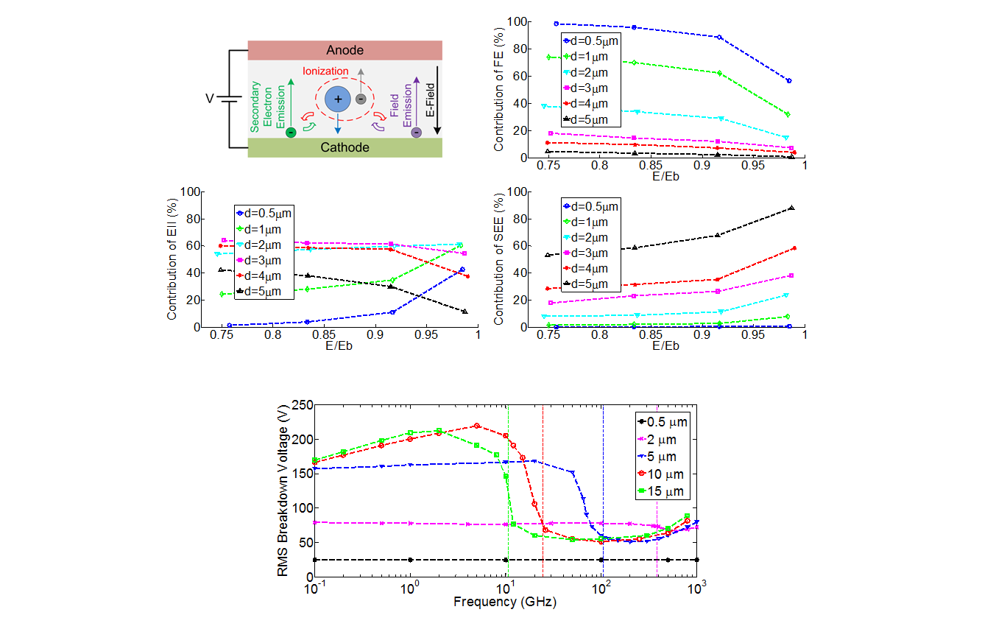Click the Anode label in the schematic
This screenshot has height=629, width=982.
click(x=345, y=50)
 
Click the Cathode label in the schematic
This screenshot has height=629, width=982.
click(x=345, y=147)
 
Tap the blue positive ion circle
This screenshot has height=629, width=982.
click(x=338, y=99)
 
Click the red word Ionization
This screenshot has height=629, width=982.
click(x=326, y=71)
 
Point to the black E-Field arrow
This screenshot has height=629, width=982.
click(x=437, y=99)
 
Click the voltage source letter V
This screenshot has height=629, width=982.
click(x=210, y=97)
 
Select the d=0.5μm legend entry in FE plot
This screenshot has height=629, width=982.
click(x=590, y=41)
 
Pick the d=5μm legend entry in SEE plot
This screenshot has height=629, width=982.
click(x=590, y=284)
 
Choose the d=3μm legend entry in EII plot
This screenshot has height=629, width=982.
click(x=264, y=253)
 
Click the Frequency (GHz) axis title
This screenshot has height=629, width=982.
click(x=504, y=602)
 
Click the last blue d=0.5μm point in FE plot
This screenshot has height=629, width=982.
click(x=788, y=80)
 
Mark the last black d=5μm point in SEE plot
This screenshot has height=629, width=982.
click(x=792, y=208)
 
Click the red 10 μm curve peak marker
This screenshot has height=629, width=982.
click(x=477, y=426)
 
